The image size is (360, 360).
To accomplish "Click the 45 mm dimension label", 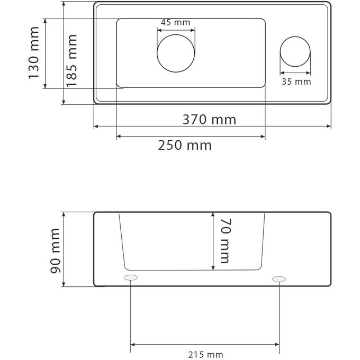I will coord(175,23).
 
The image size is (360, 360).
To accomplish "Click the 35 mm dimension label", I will coord(296,82).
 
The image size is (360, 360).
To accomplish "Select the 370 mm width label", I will coord(209,119).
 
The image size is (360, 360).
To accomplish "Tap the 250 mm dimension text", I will coord(184,145).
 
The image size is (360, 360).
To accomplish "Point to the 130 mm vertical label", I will coord(34,53).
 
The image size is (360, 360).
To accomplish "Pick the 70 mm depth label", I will coord(224,241).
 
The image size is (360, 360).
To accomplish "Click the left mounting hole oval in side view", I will coord(130,278).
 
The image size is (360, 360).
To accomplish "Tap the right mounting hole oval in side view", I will coord(279,278).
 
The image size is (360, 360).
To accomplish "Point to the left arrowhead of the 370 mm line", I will coord(96,127).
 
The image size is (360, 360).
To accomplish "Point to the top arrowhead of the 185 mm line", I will coord(64,4).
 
